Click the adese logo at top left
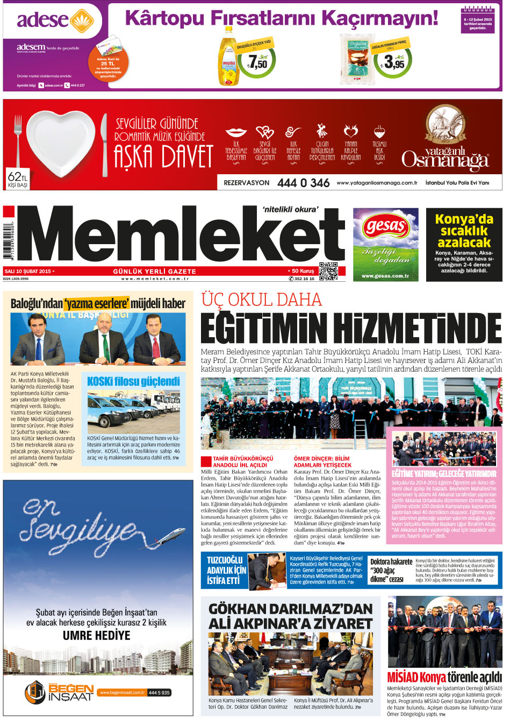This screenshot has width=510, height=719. pos(51,21)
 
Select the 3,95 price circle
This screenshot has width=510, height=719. pos(393,63)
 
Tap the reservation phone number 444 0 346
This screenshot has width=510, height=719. pos(303,183)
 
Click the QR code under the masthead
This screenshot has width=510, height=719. pos(328,272)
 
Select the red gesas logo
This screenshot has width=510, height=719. pos(385,225)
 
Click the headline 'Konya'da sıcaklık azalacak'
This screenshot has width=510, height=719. pos(464,231)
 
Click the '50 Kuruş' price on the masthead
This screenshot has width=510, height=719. pos(303,271)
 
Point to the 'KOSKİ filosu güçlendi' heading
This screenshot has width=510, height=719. pos(133,381)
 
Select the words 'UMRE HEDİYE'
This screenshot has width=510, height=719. pos(97,635)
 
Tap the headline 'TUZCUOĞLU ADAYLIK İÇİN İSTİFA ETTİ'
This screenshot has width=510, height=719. pos(226,570)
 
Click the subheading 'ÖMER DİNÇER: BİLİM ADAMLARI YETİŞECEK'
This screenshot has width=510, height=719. pos(322,462)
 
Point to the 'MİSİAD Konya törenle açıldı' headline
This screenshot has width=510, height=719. pos(444,677)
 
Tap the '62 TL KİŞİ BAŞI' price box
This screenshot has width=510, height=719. pos(17,180)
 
